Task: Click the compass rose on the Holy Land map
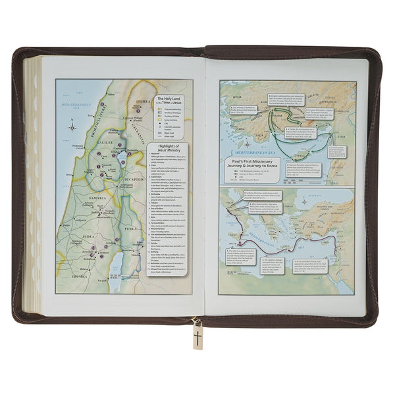[73, 124]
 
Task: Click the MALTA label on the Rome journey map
[251, 260]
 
